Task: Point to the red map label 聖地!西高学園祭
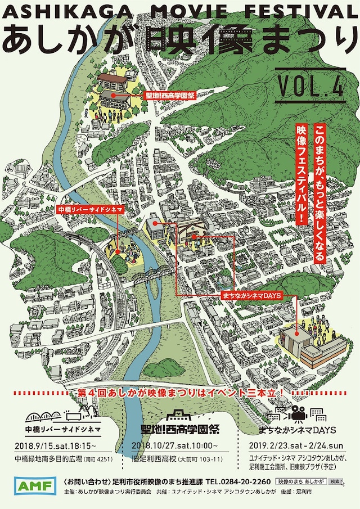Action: coord(168,95)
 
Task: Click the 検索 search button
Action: coord(335,482)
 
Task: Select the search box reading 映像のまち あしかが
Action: coord(301,482)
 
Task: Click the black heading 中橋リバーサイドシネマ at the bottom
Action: coord(63,430)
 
